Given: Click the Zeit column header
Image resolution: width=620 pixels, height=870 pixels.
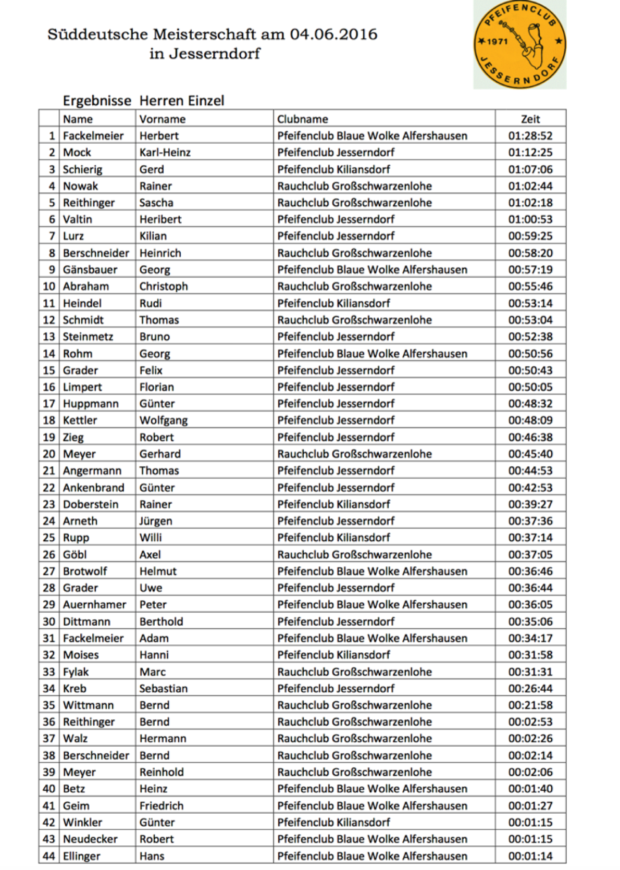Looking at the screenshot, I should [x=530, y=119].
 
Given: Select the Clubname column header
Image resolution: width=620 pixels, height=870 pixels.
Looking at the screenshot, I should [x=303, y=119].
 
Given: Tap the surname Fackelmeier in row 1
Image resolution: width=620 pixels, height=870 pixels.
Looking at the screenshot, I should [x=93, y=135].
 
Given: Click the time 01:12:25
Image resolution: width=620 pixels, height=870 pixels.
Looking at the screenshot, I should [x=530, y=152].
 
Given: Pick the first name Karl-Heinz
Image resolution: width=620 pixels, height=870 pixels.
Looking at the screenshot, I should [x=165, y=152].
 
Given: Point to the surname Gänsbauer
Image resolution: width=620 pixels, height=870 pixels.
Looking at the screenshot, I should [x=90, y=269].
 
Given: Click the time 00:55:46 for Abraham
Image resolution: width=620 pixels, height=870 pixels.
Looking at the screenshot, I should [x=530, y=286].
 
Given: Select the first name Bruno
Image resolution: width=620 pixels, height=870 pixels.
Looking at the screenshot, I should [x=154, y=337].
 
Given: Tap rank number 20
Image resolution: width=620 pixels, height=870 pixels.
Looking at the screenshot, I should [x=49, y=454].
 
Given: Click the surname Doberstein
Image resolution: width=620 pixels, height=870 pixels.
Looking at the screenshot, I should [x=91, y=504].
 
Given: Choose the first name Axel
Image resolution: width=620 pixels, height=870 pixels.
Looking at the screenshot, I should [x=150, y=554].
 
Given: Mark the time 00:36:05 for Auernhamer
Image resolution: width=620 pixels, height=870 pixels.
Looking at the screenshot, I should [x=530, y=604].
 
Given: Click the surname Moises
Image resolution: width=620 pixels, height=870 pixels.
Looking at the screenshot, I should [x=81, y=655].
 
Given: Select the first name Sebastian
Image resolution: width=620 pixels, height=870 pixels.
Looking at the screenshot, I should [x=163, y=688].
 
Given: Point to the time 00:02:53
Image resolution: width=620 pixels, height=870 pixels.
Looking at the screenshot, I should [x=530, y=722].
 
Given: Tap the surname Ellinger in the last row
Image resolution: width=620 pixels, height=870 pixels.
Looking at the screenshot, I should [x=82, y=856].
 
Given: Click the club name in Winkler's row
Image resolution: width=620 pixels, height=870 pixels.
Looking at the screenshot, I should [x=333, y=822].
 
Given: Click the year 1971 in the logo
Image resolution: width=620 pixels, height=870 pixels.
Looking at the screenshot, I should [x=497, y=42].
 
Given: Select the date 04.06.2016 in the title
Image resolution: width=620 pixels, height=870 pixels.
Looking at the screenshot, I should [x=333, y=34].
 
